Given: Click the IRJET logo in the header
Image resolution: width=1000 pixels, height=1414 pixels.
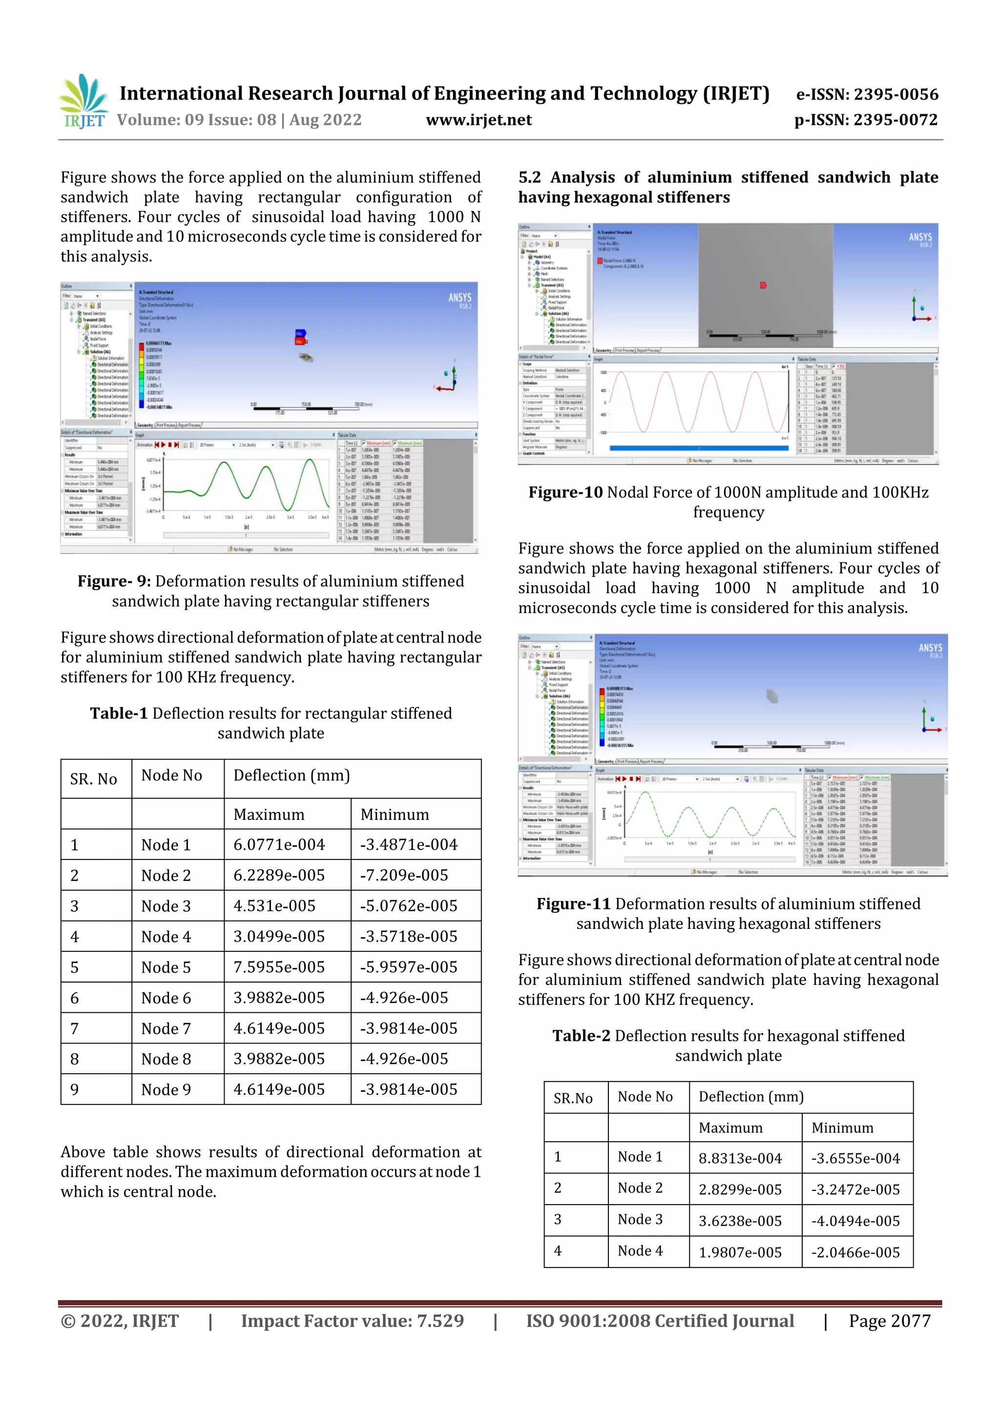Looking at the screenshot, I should click(84, 102).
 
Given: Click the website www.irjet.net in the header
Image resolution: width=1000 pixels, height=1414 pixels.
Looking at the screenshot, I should click(479, 120).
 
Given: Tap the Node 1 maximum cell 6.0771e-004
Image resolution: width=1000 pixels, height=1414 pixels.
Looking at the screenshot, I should click(278, 845).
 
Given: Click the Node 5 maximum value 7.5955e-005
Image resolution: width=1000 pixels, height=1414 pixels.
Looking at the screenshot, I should click(278, 967).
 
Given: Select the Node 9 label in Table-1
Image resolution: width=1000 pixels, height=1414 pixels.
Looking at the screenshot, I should click(166, 1089).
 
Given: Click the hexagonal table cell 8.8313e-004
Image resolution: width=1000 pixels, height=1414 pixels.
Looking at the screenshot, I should click(739, 1158).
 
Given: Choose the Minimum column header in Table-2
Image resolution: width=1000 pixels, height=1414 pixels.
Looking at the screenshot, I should click(842, 1127).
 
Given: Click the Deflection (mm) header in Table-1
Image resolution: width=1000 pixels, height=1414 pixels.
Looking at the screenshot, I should click(292, 776).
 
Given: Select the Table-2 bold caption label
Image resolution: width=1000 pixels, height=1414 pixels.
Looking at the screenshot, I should click(581, 1036).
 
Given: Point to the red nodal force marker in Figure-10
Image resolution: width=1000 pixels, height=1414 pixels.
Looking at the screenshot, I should click(763, 285).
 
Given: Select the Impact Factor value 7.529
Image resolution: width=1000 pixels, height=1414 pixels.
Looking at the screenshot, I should click(440, 1321).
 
